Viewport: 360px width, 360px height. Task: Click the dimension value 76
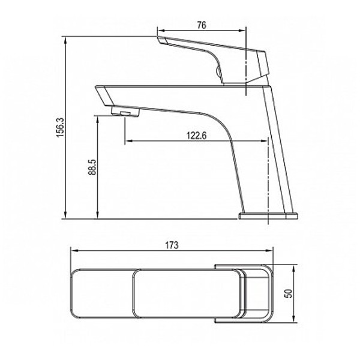(x=202, y=25)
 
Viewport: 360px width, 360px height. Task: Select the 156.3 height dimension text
(x=60, y=128)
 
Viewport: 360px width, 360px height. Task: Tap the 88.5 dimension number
(x=92, y=167)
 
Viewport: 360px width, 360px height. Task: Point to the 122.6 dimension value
(x=197, y=136)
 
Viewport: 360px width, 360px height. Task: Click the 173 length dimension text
(x=172, y=245)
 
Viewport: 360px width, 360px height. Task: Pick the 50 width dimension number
(x=289, y=293)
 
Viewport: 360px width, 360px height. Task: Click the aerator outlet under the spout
(x=125, y=113)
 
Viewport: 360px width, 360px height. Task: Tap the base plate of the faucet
(x=268, y=216)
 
